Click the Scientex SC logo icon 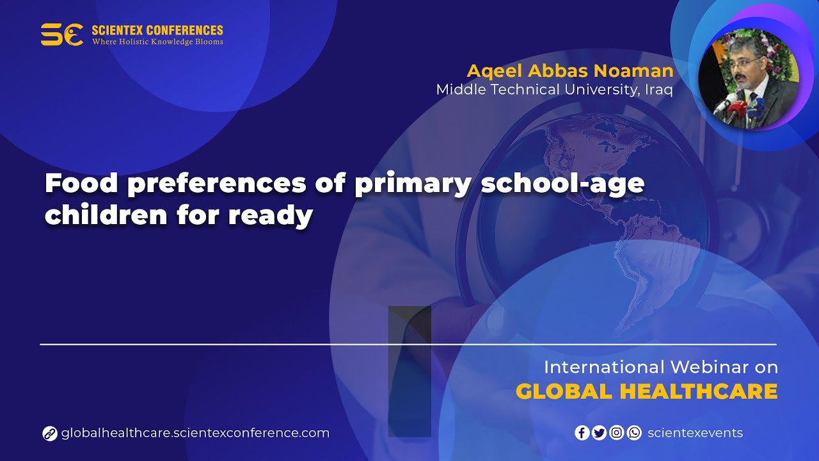pos(61,35)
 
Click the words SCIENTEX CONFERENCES pos(157,30)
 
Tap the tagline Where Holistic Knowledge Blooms pos(157,42)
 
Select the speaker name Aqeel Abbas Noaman pos(569,70)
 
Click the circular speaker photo pos(748,79)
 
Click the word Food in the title pos(81,184)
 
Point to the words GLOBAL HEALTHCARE pos(646,391)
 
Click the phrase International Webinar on pos(660,367)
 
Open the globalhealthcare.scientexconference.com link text pos(195,433)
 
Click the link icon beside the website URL pos(50,433)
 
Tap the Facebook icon pos(582,433)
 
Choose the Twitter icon pos(599,433)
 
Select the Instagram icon pos(616,433)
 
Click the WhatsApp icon pos(633,433)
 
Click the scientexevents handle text pos(695,433)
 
